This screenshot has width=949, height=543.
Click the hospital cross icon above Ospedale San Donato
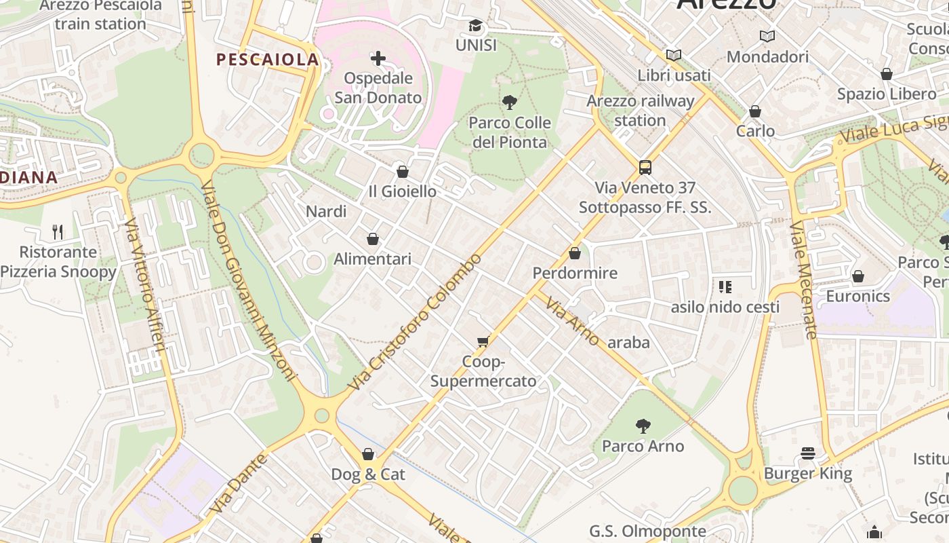point(378,58)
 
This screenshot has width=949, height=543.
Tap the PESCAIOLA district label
point(267,60)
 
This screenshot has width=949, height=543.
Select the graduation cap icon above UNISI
point(476,26)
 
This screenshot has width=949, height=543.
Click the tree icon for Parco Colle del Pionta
point(509,103)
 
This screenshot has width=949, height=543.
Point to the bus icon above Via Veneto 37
point(645,168)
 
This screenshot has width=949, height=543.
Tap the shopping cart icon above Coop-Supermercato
point(483,341)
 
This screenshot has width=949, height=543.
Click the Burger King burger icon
point(807,453)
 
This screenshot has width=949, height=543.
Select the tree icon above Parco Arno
point(643,426)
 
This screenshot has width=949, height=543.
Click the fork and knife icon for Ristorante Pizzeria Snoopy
point(58,232)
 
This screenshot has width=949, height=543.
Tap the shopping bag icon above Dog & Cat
point(368,454)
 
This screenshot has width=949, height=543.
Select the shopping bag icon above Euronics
point(857,276)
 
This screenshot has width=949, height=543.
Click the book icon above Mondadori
point(767,37)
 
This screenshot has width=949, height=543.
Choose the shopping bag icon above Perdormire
point(575,254)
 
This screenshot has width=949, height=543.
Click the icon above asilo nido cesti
point(725,287)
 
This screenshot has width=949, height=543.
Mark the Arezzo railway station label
point(641,111)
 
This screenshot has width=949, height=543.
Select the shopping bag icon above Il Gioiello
point(403,172)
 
